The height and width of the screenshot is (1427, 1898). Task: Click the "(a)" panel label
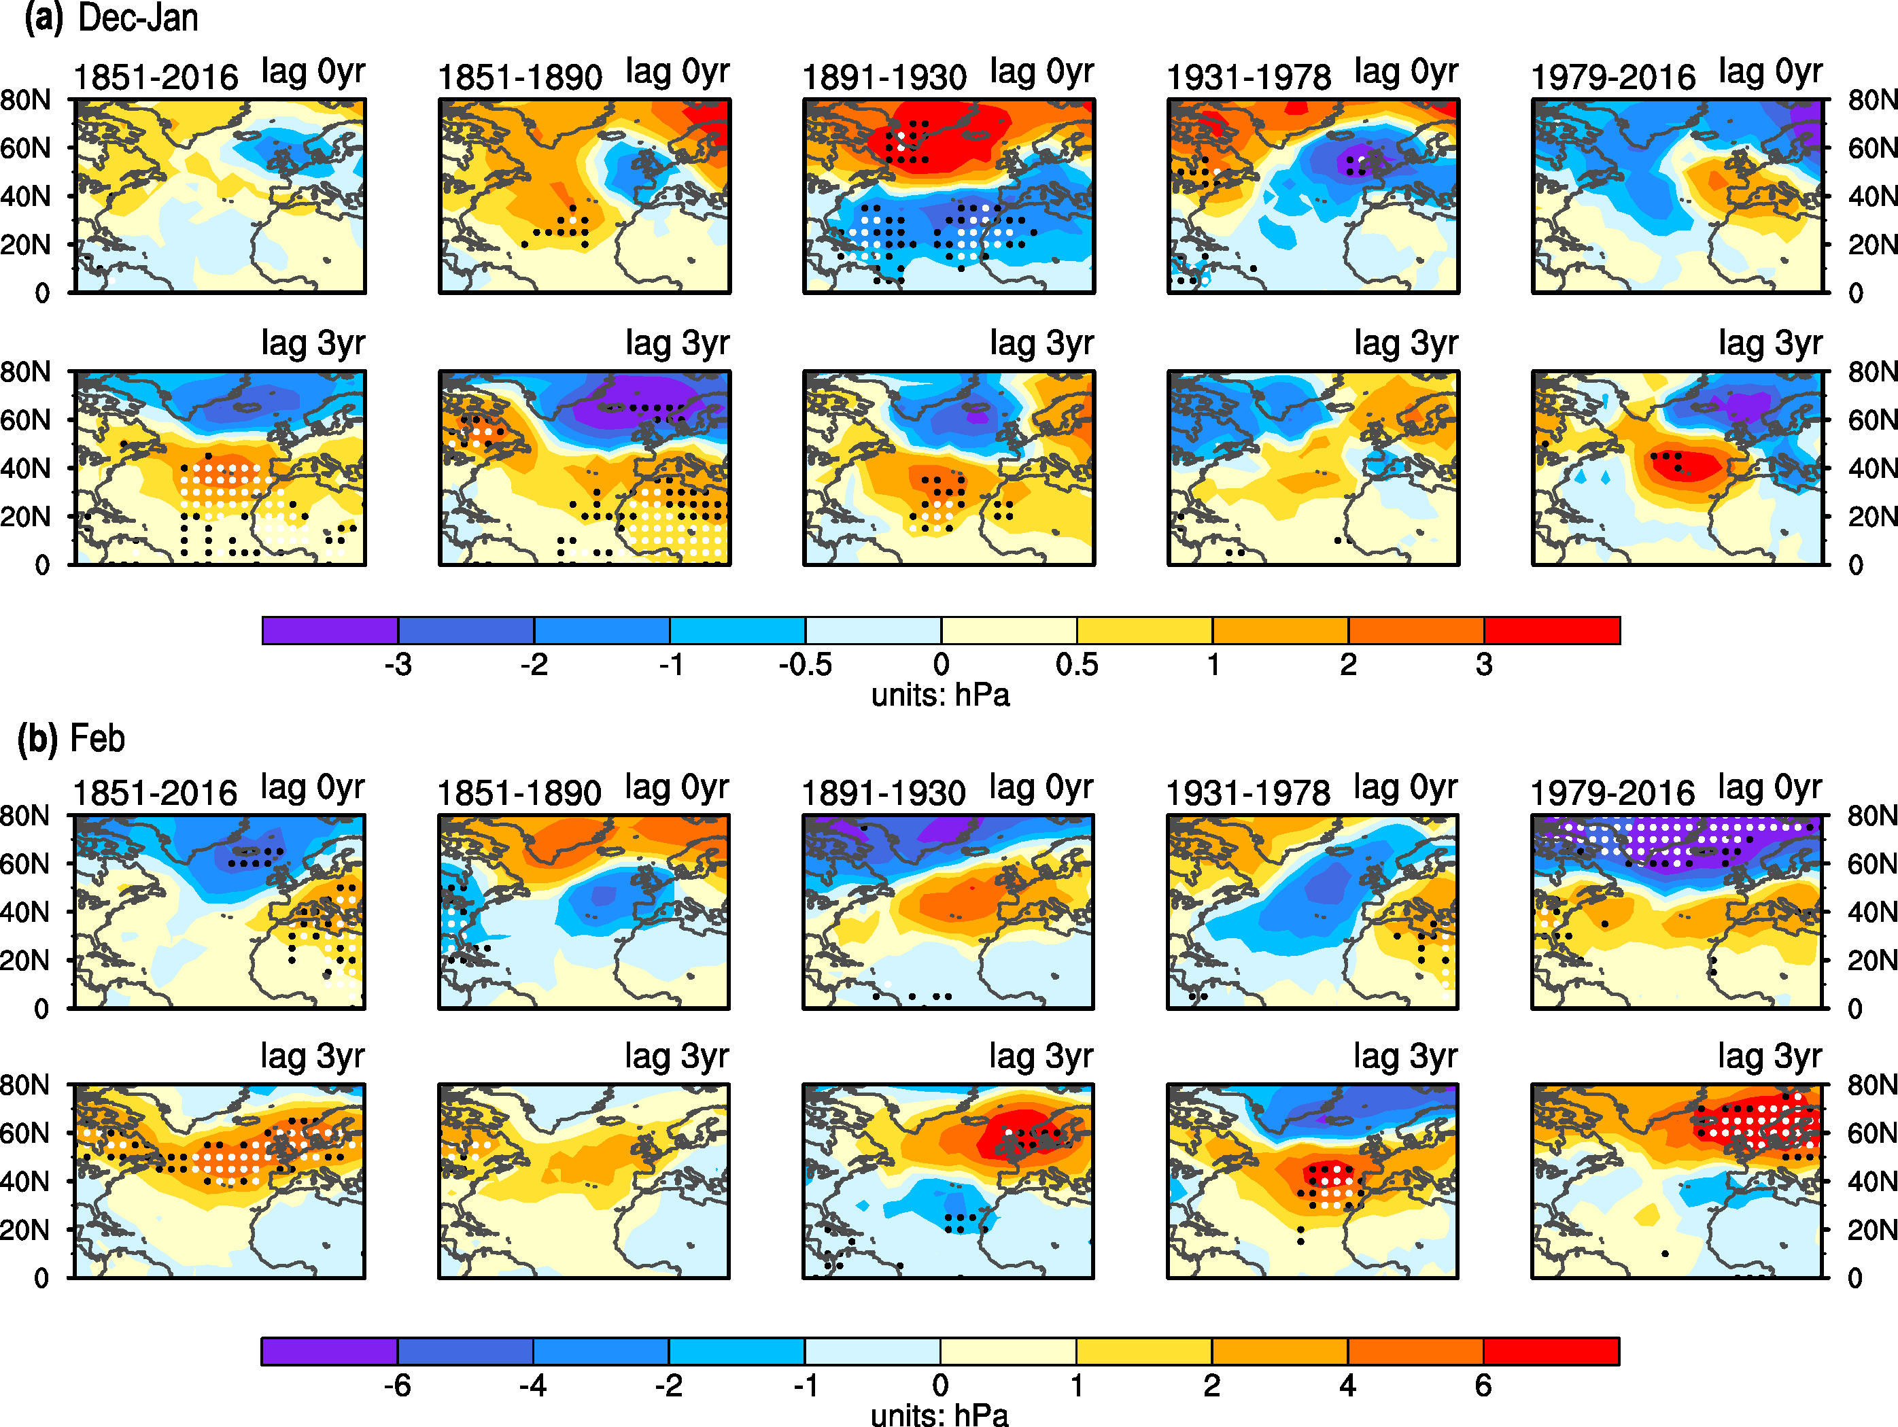43,18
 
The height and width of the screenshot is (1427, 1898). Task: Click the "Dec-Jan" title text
138,18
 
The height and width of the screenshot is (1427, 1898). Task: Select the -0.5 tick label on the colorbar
805,665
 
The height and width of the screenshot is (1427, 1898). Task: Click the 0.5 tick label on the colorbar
1077,665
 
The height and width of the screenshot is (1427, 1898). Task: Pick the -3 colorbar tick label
398,665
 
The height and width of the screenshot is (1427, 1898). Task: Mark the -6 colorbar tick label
397,1386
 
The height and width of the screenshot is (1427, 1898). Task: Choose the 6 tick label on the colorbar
1483,1386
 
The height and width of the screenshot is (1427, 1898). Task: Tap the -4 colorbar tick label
533,1386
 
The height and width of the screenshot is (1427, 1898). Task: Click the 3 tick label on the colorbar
1485,665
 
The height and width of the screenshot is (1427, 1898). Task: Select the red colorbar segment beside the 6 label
1551,1352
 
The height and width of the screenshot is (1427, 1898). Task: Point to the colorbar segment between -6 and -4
465,1352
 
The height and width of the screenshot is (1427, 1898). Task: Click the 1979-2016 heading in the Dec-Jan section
1613,78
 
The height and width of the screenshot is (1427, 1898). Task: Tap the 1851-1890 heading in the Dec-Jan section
520,78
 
